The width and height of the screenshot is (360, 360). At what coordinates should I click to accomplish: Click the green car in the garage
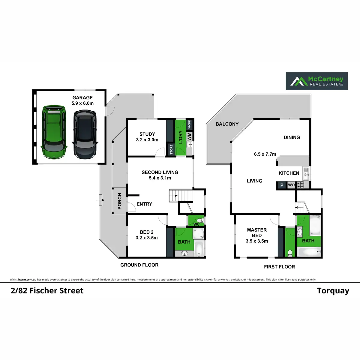pos(54,132)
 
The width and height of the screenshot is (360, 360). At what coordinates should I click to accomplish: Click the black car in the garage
pos(85,134)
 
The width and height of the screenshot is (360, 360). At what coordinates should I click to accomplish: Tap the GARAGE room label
pos(82,98)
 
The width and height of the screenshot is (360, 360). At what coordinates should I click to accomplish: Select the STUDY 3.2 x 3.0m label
pos(147,137)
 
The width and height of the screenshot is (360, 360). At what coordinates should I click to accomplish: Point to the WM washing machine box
pos(189,137)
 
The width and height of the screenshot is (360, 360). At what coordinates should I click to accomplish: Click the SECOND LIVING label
pos(160,172)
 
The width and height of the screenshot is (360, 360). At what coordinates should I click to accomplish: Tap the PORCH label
pos(120,201)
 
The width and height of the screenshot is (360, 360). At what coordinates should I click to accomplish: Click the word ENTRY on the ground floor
pos(144,204)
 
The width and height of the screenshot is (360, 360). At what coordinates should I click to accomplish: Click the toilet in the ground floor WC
pos(200,221)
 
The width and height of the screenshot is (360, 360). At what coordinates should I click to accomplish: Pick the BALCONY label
pos(227,124)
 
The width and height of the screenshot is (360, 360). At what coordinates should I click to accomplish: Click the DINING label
pos(292,137)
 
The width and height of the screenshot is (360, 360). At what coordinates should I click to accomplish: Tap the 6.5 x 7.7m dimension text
pos(265,154)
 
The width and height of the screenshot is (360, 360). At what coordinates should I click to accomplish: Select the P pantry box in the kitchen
pos(282,185)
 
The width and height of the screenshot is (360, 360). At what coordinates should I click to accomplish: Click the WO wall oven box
pos(291,185)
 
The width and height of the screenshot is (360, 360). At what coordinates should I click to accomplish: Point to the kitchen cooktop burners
pos(300,185)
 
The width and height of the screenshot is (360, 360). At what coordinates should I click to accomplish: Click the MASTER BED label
pos(257,233)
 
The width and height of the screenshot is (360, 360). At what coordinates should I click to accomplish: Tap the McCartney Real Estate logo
pos(317,81)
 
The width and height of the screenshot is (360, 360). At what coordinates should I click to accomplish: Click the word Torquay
pos(333,291)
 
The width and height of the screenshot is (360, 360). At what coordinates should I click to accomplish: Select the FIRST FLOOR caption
pos(279,267)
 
